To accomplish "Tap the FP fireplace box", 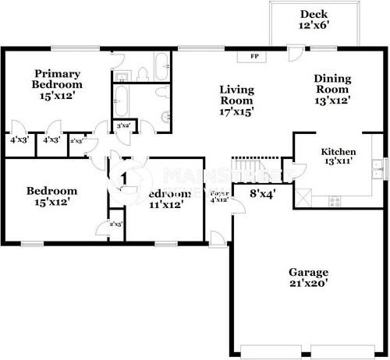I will pos(253,57).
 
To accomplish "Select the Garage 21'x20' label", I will pos(308,277).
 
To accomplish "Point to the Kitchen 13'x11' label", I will pos(339,157).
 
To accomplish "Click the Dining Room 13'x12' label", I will pos(332,89).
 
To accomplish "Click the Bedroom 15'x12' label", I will pos(51,196).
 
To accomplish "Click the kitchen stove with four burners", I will pos(335,200).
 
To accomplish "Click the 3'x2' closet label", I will pos(122,125).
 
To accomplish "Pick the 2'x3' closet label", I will pos(77,141).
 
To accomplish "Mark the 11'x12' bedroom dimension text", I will pos(165,205).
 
